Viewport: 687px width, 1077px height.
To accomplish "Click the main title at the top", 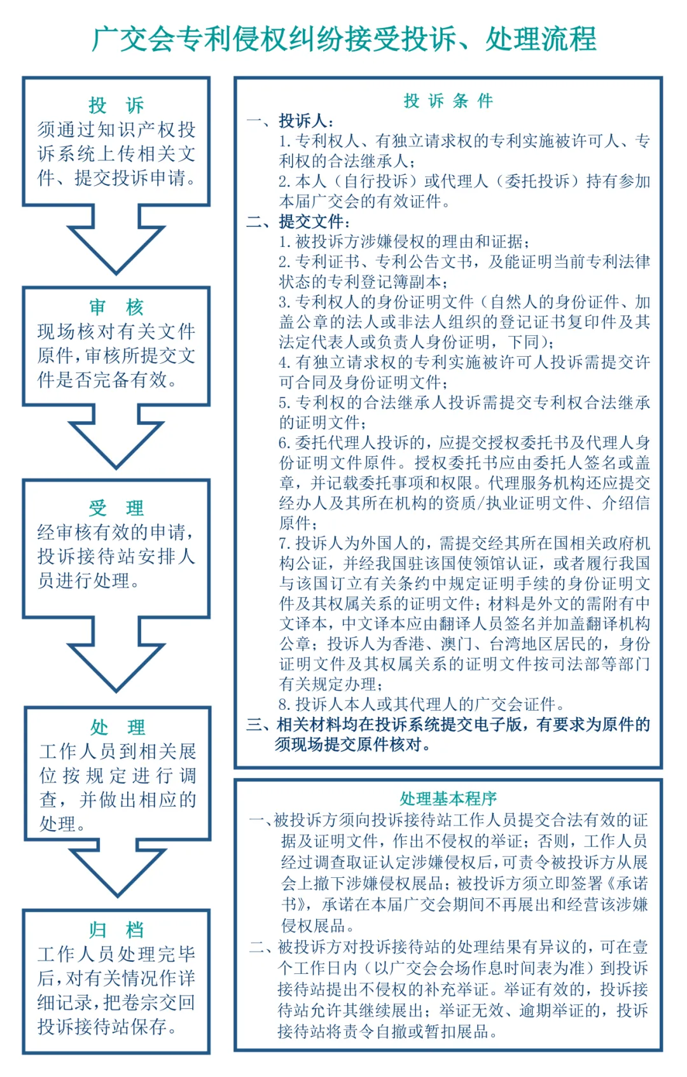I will (343, 39).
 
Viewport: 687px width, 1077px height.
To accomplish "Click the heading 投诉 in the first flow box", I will (116, 105).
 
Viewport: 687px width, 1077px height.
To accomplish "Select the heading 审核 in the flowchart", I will (116, 307).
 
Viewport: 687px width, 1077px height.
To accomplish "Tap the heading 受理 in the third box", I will (116, 508).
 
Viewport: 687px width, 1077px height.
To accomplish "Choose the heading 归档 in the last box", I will (116, 929).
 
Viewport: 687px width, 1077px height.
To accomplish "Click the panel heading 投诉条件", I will (448, 101).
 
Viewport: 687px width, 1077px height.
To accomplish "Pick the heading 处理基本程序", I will (448, 798).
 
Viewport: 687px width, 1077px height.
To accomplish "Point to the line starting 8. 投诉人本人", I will (421, 704).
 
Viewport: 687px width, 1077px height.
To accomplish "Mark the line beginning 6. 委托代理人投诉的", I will (464, 443).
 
